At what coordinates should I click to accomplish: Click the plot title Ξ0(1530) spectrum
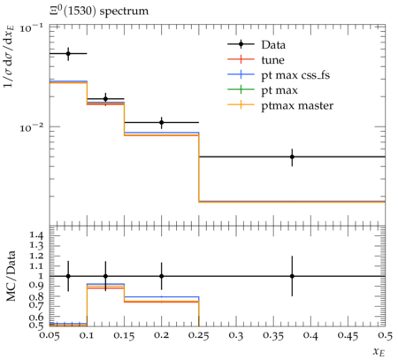[x=99, y=11]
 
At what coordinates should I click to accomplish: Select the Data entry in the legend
[x=273, y=45]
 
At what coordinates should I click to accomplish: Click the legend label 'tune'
[x=272, y=60]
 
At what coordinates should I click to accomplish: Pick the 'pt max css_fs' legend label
[x=295, y=75]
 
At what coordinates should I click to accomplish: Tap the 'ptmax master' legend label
[x=297, y=106]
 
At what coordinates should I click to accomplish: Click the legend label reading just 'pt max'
[x=279, y=90]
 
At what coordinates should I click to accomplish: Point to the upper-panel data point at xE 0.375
[x=292, y=157]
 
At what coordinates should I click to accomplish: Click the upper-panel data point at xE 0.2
[x=161, y=122]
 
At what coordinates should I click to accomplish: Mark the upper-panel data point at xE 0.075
[x=68, y=54]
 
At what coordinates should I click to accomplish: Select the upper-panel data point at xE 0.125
[x=105, y=99]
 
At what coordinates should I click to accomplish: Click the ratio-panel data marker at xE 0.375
[x=292, y=276]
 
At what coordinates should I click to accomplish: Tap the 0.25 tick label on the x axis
[x=199, y=336]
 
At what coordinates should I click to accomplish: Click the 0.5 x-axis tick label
[x=386, y=336]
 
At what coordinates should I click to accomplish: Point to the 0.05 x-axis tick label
[x=50, y=336]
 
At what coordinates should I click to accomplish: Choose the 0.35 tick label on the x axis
[x=273, y=336]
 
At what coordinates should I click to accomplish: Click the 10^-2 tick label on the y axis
[x=31, y=127]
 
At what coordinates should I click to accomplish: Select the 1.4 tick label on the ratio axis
[x=36, y=235]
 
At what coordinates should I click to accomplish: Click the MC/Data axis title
[x=11, y=276]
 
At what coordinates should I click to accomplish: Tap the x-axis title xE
[x=379, y=351]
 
